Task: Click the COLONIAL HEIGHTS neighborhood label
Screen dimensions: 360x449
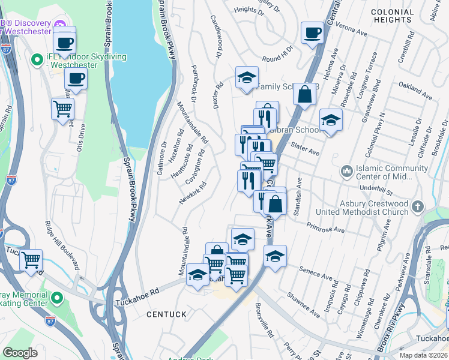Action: [x=400, y=16]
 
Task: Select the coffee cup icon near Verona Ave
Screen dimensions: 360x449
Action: [x=312, y=33]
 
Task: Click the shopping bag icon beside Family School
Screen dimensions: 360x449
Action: [x=305, y=94]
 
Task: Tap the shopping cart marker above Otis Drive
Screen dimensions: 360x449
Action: [x=62, y=109]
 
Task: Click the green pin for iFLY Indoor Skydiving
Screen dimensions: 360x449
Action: [x=36, y=58]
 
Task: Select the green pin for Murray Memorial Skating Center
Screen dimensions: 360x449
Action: [x=57, y=297]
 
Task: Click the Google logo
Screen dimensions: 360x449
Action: [x=20, y=353]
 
